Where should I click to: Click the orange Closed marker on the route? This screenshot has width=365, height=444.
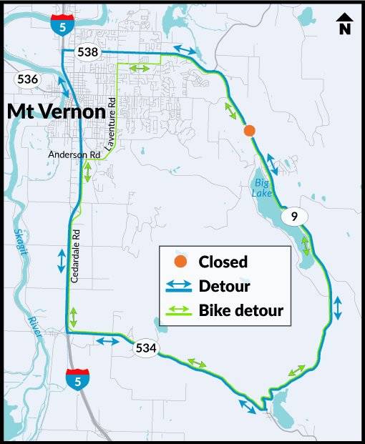tap(249, 130)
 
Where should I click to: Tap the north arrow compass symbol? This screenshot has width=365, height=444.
tap(344, 24)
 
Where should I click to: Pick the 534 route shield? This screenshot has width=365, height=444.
tap(147, 348)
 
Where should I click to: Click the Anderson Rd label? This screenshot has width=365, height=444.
tap(74, 154)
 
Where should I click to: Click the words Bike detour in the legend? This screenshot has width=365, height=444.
tap(241, 310)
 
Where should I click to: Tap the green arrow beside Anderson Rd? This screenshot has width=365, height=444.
tap(87, 171)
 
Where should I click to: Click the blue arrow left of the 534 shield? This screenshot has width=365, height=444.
tap(107, 341)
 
